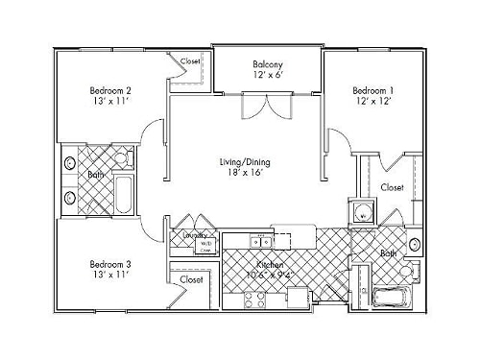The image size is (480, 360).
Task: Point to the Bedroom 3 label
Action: pyautogui.click(x=109, y=263)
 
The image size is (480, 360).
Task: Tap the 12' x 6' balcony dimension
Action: pyautogui.click(x=266, y=73)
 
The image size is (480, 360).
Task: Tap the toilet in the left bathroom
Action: pyautogui.click(x=120, y=156)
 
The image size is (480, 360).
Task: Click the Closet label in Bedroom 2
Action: pyautogui.click(x=191, y=61)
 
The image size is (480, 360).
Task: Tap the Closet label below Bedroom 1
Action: pyautogui.click(x=392, y=187)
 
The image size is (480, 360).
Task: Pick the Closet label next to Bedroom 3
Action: pyautogui.click(x=191, y=279)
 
